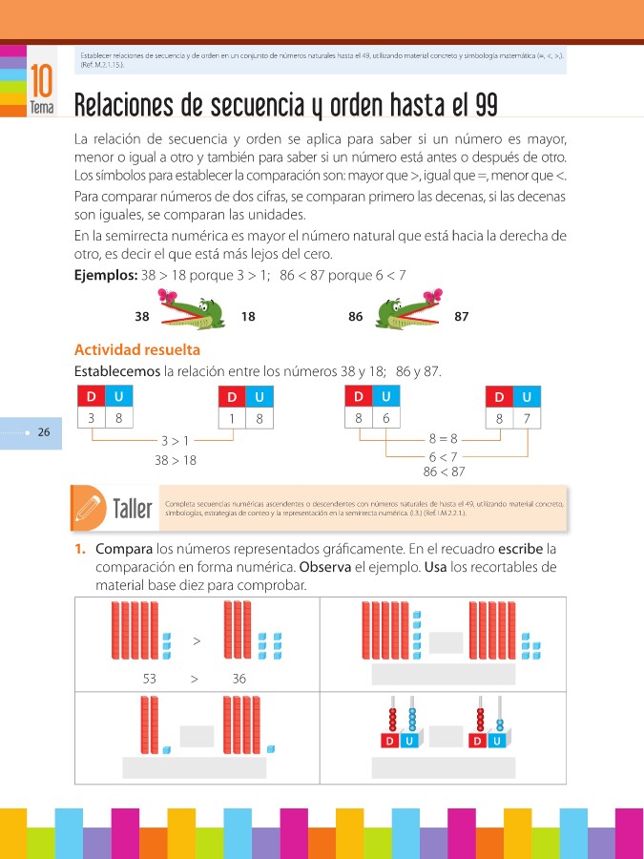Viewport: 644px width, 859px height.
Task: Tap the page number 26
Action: pyautogui.click(x=44, y=432)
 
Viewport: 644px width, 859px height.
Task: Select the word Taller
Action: pyautogui.click(x=133, y=509)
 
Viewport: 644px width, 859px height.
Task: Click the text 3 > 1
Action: pyautogui.click(x=176, y=441)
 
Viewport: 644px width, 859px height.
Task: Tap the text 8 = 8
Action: pyautogui.click(x=444, y=439)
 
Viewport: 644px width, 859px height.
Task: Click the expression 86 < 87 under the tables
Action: pyautogui.click(x=444, y=471)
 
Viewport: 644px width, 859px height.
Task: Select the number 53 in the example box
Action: pyautogui.click(x=150, y=679)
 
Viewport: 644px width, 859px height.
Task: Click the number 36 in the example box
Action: pyautogui.click(x=239, y=679)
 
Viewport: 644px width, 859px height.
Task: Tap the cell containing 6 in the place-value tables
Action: pyautogui.click(x=385, y=418)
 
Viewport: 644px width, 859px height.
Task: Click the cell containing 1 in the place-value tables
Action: pyautogui.click(x=232, y=418)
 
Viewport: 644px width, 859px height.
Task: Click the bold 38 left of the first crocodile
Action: pyautogui.click(x=143, y=316)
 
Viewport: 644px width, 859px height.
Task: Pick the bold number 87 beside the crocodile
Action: pyautogui.click(x=462, y=316)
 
